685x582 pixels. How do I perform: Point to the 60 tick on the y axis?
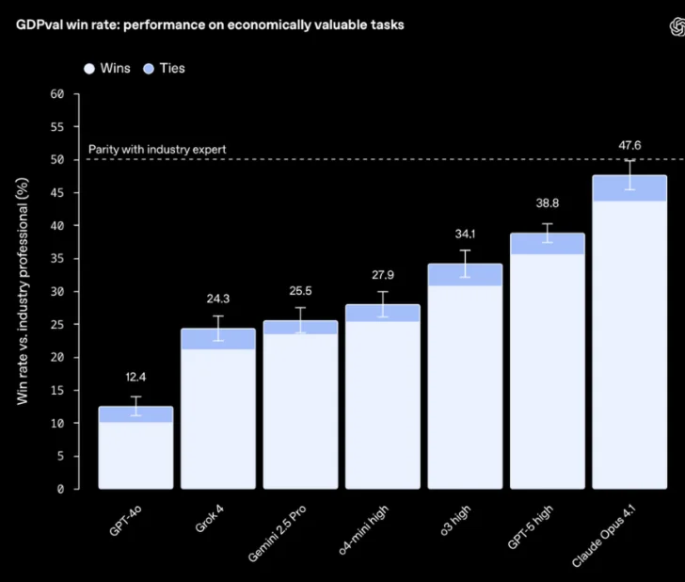pos(57,94)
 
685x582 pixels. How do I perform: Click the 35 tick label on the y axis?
pos(57,259)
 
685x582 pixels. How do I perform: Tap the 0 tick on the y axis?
pos(60,490)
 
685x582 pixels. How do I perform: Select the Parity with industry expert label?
pos(157,149)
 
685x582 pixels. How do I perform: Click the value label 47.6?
pos(629,145)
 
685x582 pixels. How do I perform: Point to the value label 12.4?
pos(135,378)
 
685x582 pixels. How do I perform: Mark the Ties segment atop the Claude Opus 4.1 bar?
pos(629,188)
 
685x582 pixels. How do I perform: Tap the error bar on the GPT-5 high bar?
pos(548,239)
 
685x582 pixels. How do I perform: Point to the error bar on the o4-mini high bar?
pos(382,303)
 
